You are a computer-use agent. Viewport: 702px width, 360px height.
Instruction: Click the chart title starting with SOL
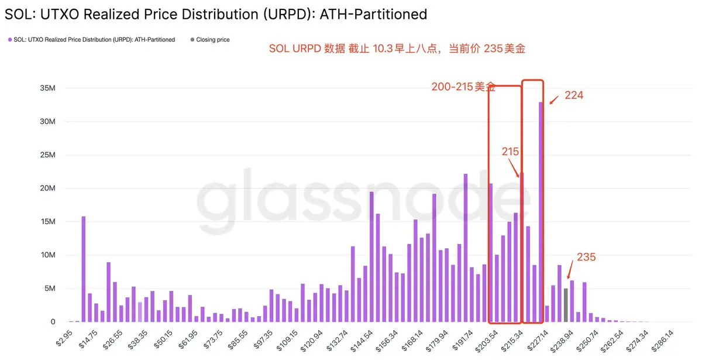(215, 13)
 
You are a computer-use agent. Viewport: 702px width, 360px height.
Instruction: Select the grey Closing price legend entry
(212, 40)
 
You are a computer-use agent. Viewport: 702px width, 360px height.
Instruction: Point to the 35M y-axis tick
(47, 88)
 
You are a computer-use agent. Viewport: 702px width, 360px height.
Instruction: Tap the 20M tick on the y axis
(47, 188)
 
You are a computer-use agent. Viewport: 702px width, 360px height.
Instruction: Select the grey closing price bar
(566, 305)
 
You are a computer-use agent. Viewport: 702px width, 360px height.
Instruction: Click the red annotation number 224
(574, 95)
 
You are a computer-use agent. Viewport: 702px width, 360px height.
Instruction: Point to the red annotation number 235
(586, 257)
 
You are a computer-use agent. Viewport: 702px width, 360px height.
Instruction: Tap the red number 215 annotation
(510, 152)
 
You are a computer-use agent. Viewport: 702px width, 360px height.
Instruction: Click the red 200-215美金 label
(463, 87)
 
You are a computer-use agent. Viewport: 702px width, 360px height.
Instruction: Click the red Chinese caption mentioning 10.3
(397, 49)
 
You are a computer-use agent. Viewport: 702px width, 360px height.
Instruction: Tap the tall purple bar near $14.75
(84, 269)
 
